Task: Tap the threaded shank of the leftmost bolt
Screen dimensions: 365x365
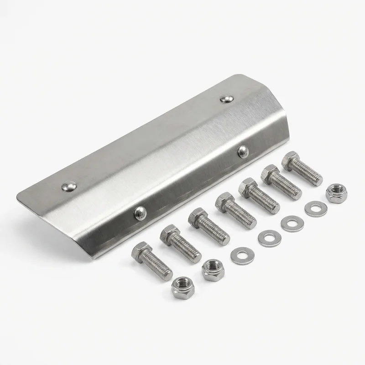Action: (x=160, y=267)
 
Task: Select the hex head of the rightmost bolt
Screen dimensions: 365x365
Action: (x=290, y=161)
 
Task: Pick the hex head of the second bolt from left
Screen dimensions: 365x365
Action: (x=169, y=234)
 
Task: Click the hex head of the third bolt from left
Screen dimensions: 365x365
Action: (x=198, y=217)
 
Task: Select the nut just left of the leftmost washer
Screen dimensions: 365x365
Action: (x=213, y=270)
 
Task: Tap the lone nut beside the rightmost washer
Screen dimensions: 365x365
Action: (x=336, y=193)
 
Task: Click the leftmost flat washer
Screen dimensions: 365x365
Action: (x=242, y=255)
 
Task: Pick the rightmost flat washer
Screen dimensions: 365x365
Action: (x=316, y=209)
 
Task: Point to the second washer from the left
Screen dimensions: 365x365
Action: (x=269, y=239)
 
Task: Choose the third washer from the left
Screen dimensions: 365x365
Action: (x=292, y=224)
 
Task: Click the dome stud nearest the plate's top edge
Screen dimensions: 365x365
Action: (x=227, y=98)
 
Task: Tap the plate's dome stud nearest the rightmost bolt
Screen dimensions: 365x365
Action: (x=243, y=151)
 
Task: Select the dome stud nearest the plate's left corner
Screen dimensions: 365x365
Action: (x=69, y=186)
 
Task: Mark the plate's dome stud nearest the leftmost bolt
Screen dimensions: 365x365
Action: (x=140, y=212)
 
